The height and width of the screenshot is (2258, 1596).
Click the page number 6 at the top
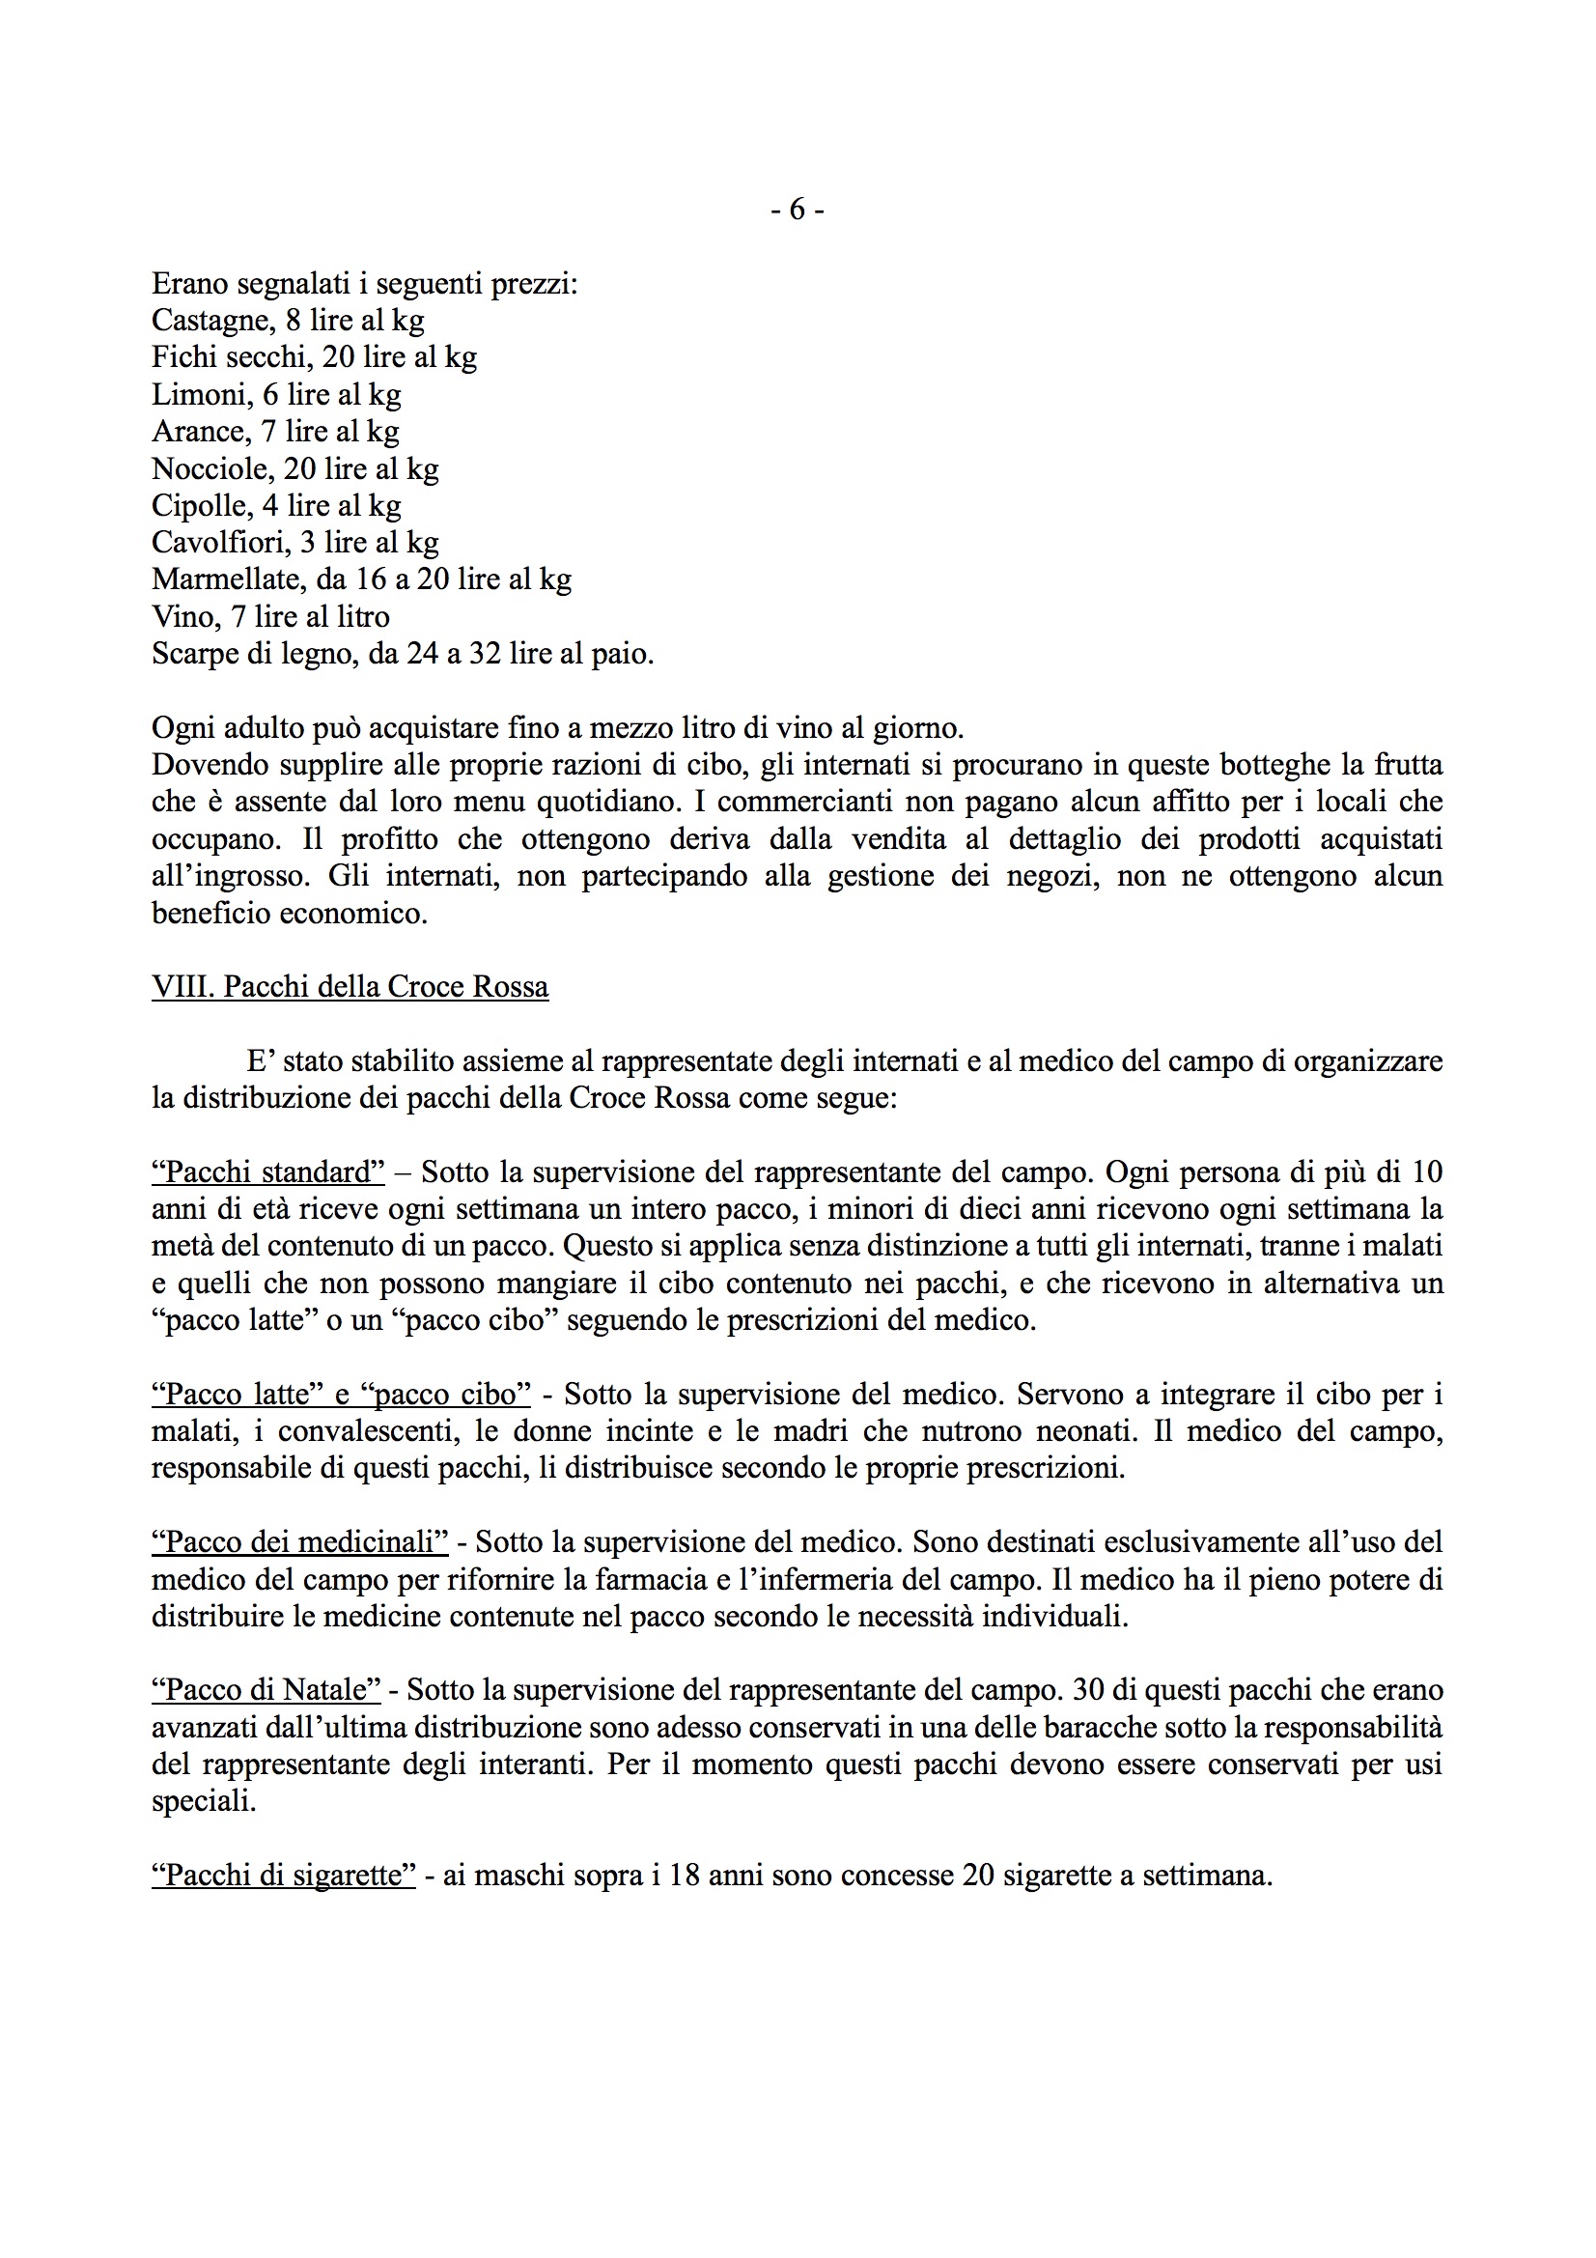click(797, 210)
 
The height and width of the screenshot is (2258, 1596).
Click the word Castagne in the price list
click(212, 321)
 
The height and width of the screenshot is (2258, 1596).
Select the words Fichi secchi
click(231, 357)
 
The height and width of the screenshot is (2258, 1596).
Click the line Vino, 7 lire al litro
click(270, 616)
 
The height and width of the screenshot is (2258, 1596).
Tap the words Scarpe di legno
click(254, 653)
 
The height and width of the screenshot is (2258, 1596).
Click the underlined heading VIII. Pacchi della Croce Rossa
click(350, 986)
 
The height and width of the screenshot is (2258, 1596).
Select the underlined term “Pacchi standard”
click(268, 1172)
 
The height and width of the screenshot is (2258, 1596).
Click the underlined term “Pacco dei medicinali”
click(300, 1542)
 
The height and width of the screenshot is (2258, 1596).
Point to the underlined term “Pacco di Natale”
click(266, 1690)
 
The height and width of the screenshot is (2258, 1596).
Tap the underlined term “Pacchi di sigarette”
click(283, 1876)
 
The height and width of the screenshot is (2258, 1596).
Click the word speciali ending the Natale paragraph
click(203, 1802)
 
